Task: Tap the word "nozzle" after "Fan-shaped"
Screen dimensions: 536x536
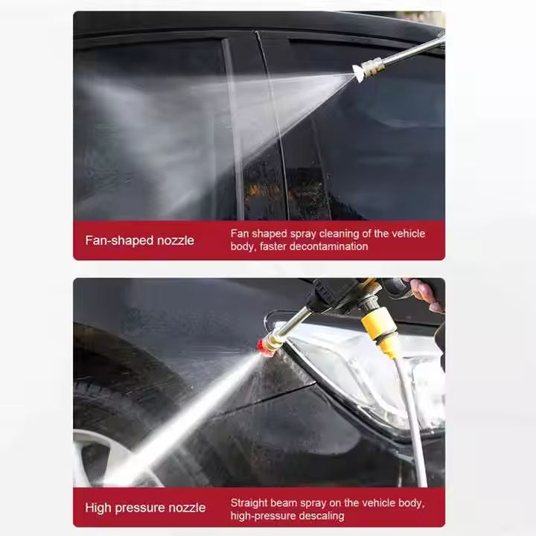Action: [x=176, y=240]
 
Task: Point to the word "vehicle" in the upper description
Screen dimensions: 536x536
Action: [x=408, y=234]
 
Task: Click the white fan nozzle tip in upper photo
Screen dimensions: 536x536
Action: [x=357, y=73]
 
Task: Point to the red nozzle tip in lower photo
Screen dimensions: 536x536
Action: [x=264, y=347]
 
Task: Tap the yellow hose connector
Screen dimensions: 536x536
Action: [x=380, y=330]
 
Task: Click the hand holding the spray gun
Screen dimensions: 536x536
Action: [x=427, y=294]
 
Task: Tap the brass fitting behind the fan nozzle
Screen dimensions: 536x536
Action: [x=373, y=66]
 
